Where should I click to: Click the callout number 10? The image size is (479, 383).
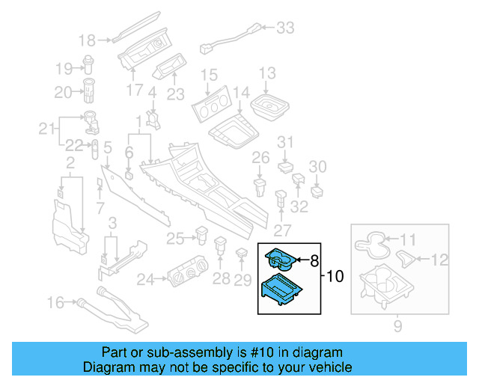335,277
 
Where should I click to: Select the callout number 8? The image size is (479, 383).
314,260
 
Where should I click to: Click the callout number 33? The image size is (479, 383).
285,28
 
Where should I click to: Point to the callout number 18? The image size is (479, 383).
88,40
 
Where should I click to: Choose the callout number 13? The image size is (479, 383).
267,73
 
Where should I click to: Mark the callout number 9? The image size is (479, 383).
397,325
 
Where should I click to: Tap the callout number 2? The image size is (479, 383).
70,163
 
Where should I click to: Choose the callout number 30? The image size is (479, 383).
318,166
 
